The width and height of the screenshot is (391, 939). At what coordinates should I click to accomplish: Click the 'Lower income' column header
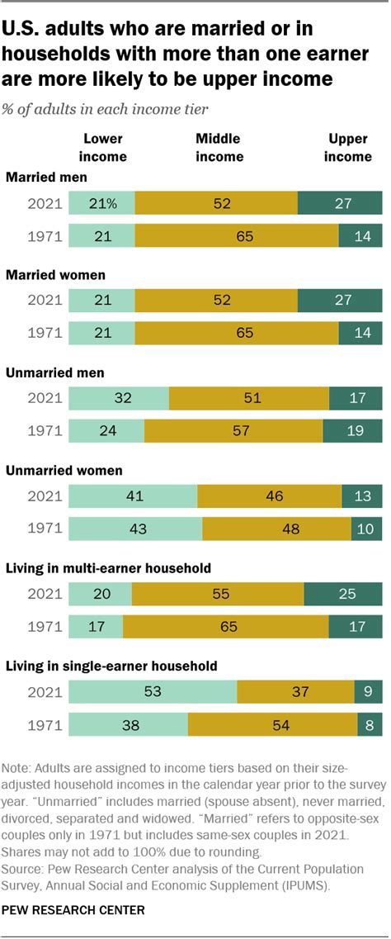[x=103, y=148]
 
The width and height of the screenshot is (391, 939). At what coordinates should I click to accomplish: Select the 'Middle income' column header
[x=219, y=148]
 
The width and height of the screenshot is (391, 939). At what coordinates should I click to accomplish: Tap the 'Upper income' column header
[x=348, y=148]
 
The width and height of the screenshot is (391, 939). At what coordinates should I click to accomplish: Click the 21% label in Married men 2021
[x=102, y=203]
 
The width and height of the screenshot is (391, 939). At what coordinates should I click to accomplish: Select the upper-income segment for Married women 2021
[x=340, y=301]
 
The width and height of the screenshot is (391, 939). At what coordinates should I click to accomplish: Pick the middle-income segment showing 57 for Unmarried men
[x=233, y=431]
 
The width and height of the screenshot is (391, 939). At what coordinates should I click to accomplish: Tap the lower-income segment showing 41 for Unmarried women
[x=134, y=496]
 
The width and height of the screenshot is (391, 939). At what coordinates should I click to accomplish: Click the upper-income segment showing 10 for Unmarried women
[x=366, y=529]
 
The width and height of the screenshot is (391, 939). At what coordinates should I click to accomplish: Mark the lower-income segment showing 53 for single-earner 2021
[x=153, y=691]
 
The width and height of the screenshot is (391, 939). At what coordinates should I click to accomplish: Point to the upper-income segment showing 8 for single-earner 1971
[x=370, y=724]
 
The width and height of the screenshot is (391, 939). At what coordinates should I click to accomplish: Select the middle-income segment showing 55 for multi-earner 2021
[x=218, y=594]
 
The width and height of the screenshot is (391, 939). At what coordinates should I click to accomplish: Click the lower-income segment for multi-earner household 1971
[x=96, y=626]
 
